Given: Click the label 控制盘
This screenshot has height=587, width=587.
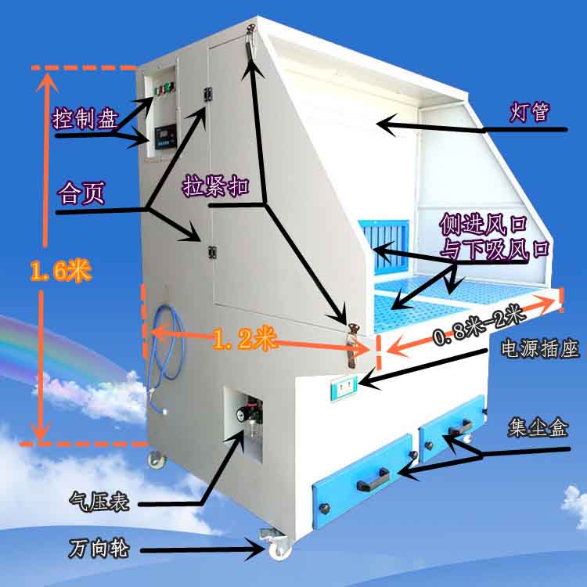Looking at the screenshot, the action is coord(85,120).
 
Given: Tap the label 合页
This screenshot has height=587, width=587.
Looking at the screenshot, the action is coord(81,193).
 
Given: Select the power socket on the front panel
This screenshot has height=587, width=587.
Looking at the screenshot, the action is coord(345,384).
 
